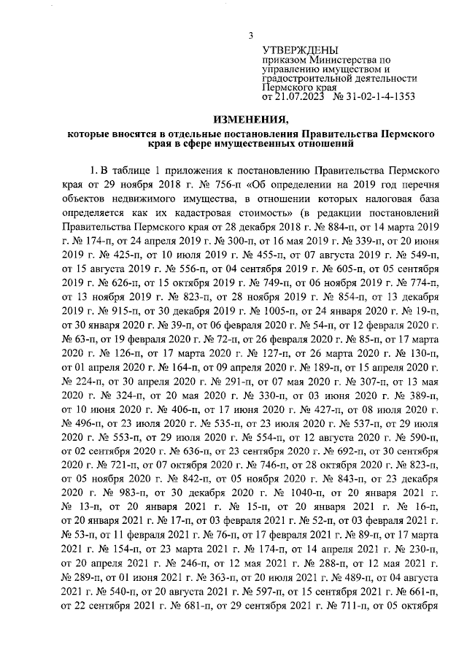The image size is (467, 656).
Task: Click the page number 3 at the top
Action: click(x=250, y=34)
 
